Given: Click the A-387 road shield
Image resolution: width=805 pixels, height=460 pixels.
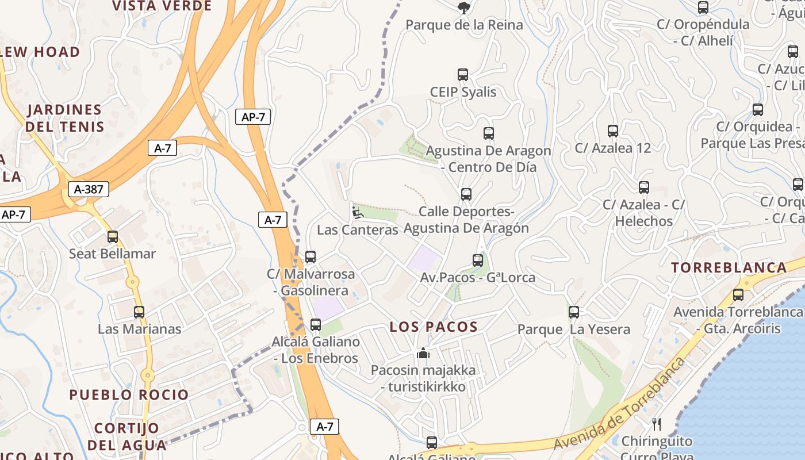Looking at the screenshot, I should click(88, 189).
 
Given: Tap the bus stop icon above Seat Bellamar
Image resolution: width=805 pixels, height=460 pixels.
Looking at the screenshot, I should click(113, 236).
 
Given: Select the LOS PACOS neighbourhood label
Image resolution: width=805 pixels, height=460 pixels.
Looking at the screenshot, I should click(434, 327).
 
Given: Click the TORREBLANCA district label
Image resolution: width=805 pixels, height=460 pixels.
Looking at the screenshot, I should click(729, 267).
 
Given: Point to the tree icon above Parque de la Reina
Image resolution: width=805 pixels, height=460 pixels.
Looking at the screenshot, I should click(463, 7).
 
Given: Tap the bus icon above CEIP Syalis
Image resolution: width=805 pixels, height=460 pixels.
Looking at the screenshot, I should click(463, 75).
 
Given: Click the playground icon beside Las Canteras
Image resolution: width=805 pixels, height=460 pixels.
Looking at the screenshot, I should click(357, 213).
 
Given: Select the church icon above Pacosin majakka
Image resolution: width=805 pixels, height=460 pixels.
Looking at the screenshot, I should click(423, 353).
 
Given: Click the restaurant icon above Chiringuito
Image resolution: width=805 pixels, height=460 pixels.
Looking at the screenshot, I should click(657, 424).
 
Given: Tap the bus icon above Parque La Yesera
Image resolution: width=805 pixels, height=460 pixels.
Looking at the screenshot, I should click(574, 312).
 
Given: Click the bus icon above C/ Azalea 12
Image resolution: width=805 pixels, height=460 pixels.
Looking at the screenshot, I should click(613, 131).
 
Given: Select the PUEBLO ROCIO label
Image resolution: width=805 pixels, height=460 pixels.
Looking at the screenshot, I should click(129, 394).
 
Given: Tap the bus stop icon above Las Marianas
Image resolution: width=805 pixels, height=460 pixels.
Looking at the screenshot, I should click(139, 312).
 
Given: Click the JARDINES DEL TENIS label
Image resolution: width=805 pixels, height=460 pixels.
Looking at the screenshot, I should click(65, 118).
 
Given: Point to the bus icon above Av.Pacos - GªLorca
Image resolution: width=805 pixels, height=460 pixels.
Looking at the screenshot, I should click(478, 260).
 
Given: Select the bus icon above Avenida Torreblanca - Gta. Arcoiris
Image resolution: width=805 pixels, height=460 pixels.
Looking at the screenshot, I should click(738, 295).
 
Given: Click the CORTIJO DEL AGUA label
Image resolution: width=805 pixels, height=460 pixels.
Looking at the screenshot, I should click(126, 436).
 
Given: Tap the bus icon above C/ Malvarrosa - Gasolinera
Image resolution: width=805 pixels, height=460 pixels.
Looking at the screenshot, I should click(310, 257).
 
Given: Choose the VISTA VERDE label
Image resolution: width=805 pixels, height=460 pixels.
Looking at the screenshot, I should click(162, 6).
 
